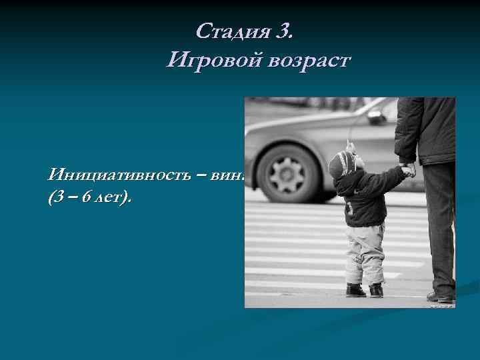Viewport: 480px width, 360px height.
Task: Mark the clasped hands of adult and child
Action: tap(407, 170)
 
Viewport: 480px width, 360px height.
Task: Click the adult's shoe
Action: tap(441, 295)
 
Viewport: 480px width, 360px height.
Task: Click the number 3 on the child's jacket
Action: tap(349, 209)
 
